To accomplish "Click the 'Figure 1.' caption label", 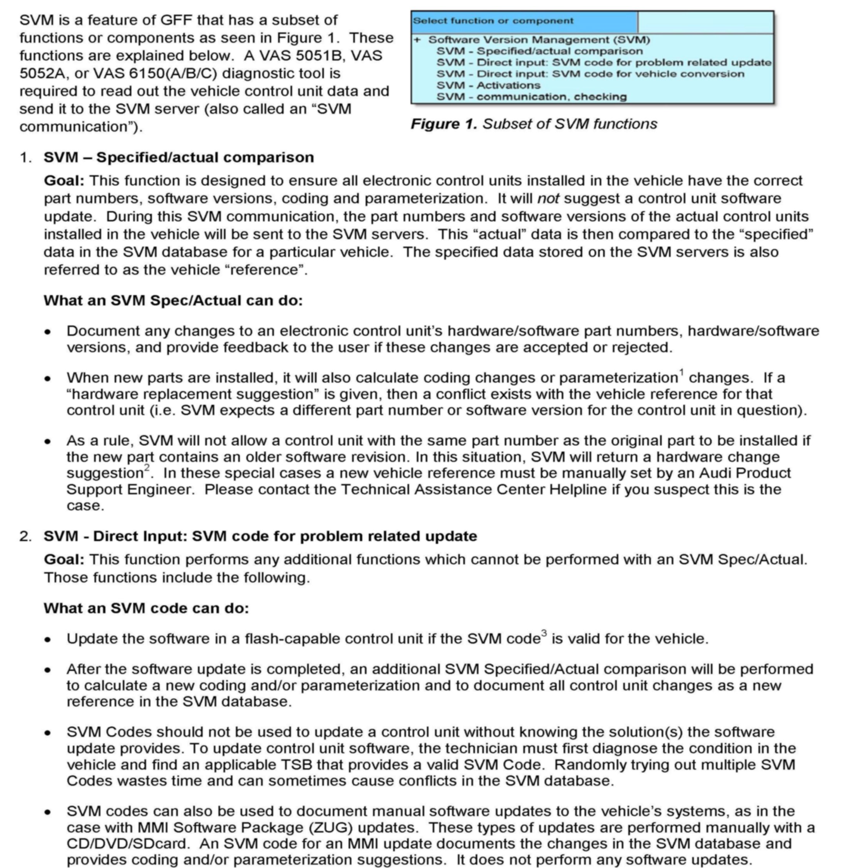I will click(x=444, y=124).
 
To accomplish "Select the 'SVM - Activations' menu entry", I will click(x=488, y=85).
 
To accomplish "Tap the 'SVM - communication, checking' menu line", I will click(x=532, y=97).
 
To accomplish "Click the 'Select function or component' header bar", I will click(x=524, y=21).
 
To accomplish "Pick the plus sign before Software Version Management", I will click(x=417, y=40).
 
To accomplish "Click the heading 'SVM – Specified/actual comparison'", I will click(x=179, y=158).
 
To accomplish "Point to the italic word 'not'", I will click(x=548, y=199).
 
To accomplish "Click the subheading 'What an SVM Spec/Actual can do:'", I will click(x=173, y=301).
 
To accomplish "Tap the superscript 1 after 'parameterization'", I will click(x=681, y=372).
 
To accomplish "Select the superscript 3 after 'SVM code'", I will click(x=544, y=633).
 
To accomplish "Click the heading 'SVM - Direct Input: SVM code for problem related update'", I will click(x=260, y=536).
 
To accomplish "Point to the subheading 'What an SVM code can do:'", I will click(x=146, y=608).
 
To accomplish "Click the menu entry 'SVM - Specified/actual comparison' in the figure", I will click(x=539, y=51).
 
